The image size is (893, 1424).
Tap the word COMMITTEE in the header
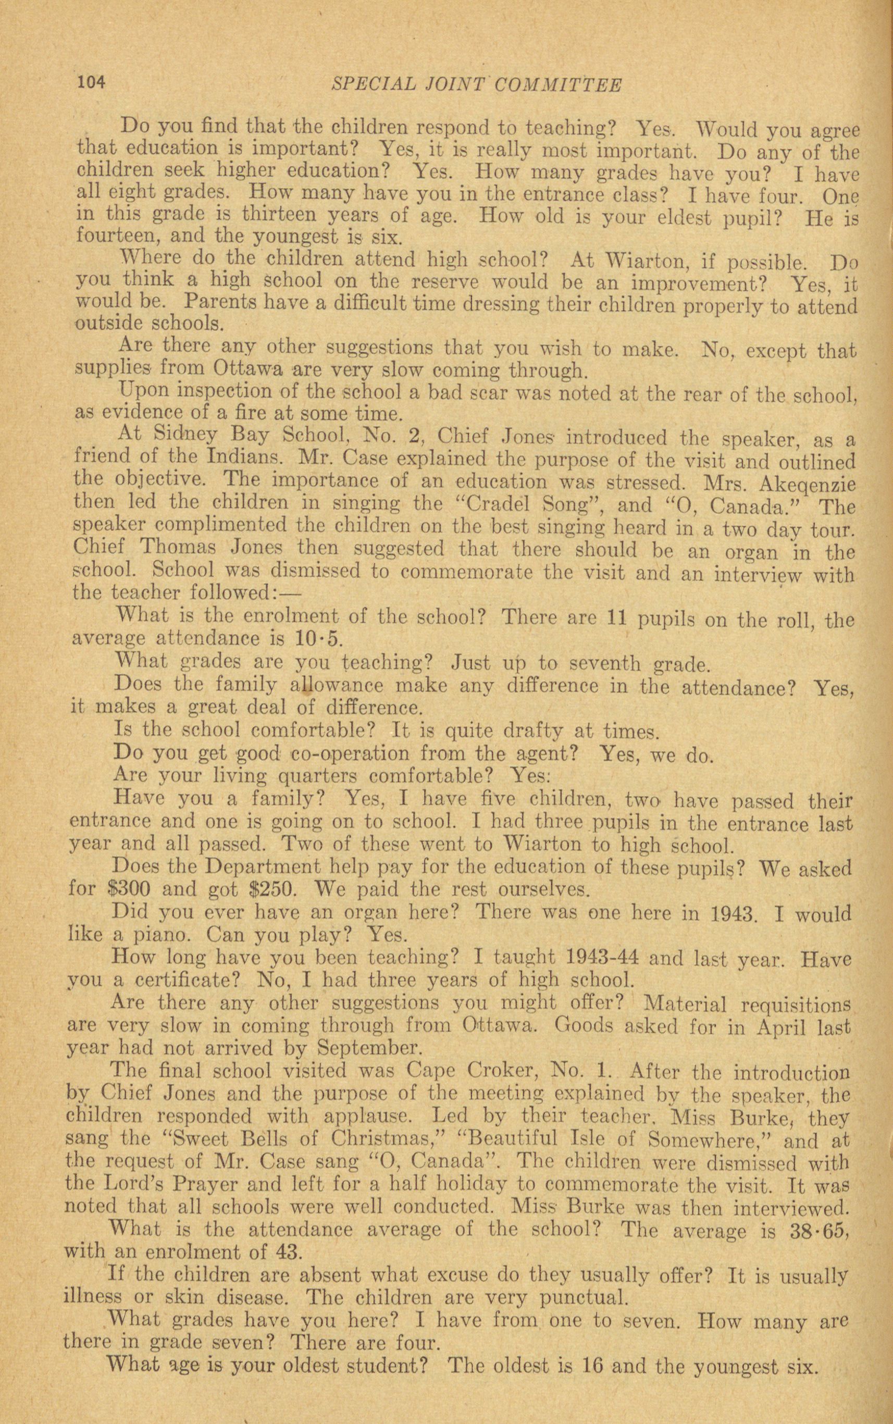click(557, 85)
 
